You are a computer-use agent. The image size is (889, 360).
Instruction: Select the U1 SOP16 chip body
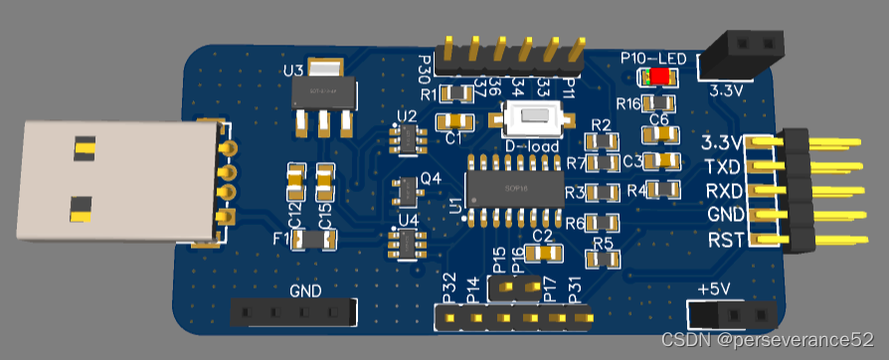[515, 187]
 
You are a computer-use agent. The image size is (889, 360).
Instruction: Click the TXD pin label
[722, 165]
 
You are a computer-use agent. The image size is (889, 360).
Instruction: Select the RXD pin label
[722, 190]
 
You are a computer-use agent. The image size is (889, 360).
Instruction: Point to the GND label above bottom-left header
[305, 291]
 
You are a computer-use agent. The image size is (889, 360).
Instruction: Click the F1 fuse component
[314, 239]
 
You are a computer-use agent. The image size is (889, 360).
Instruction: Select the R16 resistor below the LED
[656, 102]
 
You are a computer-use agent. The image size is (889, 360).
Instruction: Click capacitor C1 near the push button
[457, 121]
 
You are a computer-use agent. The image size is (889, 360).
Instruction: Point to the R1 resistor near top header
[456, 94]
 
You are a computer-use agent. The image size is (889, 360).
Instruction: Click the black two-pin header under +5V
[734, 313]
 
